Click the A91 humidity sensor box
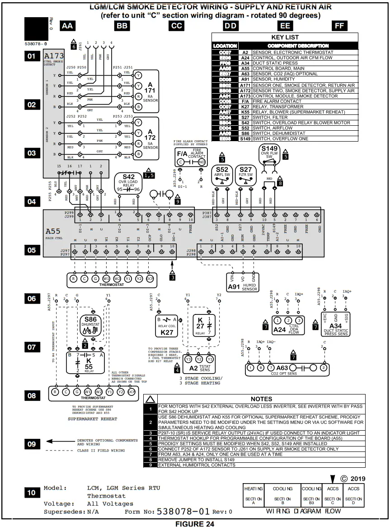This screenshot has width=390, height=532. [243, 280]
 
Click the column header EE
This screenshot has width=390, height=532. [285, 26]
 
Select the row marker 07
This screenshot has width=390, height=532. [32, 347]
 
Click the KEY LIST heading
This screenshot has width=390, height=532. [285, 37]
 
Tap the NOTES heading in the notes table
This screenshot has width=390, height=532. [261, 399]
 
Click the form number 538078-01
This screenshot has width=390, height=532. [183, 512]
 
